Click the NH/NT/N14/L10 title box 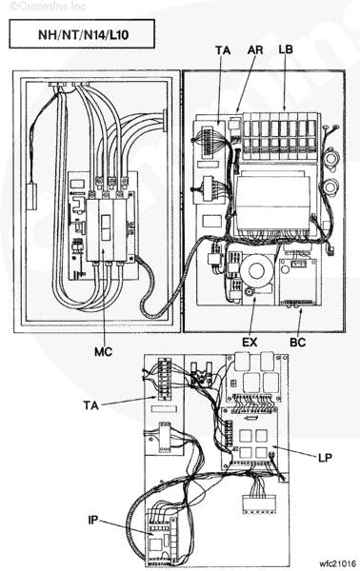pyautogui.click(x=82, y=34)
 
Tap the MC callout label pyautogui.click(x=104, y=352)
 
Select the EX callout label pyautogui.click(x=250, y=343)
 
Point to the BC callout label pyautogui.click(x=297, y=343)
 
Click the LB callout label pyautogui.click(x=286, y=49)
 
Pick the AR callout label pyautogui.click(x=255, y=49)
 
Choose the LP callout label pyautogui.click(x=325, y=458)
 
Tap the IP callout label pyautogui.click(x=93, y=521)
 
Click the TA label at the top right pyautogui.click(x=223, y=49)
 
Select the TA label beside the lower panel pyautogui.click(x=91, y=405)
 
